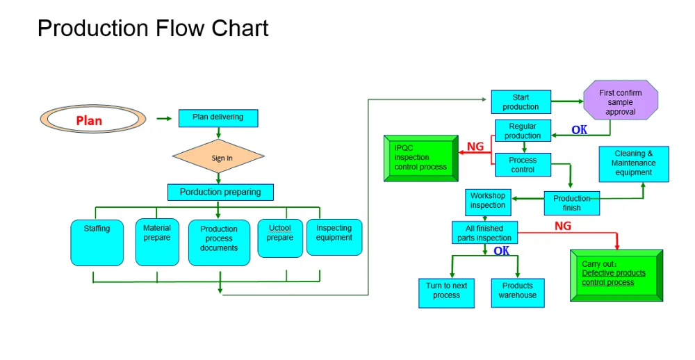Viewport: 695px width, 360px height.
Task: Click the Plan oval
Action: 92,120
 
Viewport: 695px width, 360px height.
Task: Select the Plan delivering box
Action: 218,117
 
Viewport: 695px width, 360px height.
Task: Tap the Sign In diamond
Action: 218,157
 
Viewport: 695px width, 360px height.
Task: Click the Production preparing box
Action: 220,192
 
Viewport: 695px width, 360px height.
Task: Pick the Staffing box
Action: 97,242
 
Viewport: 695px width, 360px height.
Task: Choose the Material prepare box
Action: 157,241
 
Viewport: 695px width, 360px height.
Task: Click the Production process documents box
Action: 219,242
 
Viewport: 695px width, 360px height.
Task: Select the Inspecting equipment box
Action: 334,237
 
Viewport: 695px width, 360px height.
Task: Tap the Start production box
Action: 521,102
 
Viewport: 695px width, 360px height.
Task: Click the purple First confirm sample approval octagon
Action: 620,102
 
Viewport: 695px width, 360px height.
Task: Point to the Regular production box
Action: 523,131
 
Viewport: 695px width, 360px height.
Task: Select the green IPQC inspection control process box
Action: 421,158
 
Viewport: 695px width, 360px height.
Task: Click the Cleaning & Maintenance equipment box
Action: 634,163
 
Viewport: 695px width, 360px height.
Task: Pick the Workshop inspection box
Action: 488,201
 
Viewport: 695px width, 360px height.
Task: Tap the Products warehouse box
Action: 518,292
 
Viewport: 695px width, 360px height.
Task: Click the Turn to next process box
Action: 446,292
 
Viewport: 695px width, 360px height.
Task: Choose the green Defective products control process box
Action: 616,274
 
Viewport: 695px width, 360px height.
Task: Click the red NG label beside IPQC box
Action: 475,147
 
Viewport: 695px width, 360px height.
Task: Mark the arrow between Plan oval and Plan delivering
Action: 164,118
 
